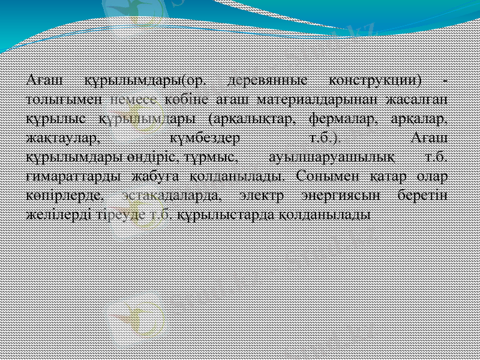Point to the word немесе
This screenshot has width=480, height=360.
(139, 98)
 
